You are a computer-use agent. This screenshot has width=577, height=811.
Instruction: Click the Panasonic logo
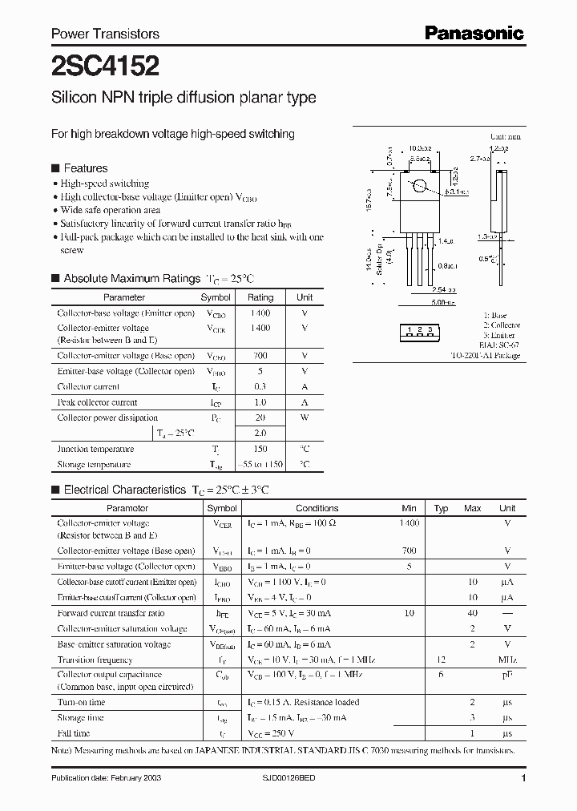pyautogui.click(x=474, y=33)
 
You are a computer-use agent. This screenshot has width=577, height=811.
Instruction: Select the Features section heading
pyautogui.click(x=85, y=168)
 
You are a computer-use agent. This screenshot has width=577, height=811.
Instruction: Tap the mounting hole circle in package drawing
pyautogui.click(x=419, y=188)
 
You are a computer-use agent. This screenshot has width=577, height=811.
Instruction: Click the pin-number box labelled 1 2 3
pyautogui.click(x=419, y=330)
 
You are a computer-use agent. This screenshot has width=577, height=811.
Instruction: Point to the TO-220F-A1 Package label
pyautogui.click(x=485, y=355)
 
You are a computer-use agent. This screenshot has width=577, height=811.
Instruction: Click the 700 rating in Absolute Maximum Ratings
pyautogui.click(x=260, y=356)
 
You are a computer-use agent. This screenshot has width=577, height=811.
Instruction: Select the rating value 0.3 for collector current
pyautogui.click(x=260, y=387)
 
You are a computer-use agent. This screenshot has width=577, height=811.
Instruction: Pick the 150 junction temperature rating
pyautogui.click(x=260, y=449)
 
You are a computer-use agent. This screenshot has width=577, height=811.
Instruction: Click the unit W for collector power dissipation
pyautogui.click(x=305, y=418)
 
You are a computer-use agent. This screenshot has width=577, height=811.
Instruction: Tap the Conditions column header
pyautogui.click(x=317, y=508)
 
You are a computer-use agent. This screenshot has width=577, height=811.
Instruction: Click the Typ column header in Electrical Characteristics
pyautogui.click(x=441, y=508)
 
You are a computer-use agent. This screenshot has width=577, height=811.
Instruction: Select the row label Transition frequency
pyautogui.click(x=95, y=660)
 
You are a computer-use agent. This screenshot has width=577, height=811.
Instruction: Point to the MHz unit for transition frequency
pyautogui.click(x=506, y=660)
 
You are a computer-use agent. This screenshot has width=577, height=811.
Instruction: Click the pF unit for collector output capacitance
pyautogui.click(x=506, y=675)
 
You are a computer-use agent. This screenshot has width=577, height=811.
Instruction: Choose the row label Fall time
pyautogui.click(x=74, y=733)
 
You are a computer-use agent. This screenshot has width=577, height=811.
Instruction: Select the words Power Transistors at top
pyautogui.click(x=105, y=34)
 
